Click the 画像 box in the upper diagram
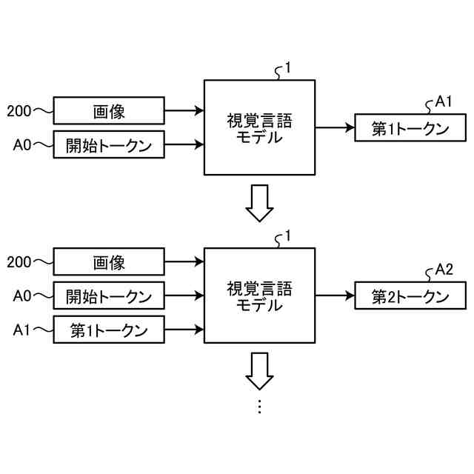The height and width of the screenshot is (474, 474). coord(109,113)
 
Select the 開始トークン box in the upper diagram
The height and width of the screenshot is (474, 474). coord(109,145)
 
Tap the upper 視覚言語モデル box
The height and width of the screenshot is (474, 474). coord(259,127)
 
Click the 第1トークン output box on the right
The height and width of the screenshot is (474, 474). coord(410,127)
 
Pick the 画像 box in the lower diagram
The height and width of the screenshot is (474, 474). coord(109,262)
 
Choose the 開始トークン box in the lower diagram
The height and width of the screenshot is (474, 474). coord(109,296)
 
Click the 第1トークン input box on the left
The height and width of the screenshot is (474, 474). coord(109,329)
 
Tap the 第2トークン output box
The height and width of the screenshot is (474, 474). coord(410,296)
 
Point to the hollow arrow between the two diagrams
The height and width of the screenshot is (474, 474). coord(259,204)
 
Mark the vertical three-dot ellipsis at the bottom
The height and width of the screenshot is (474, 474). coord(259,406)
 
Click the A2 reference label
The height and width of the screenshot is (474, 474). coord(444,269)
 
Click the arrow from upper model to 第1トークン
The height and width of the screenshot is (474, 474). coord(335,127)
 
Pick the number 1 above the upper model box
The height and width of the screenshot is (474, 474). coord(287,68)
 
